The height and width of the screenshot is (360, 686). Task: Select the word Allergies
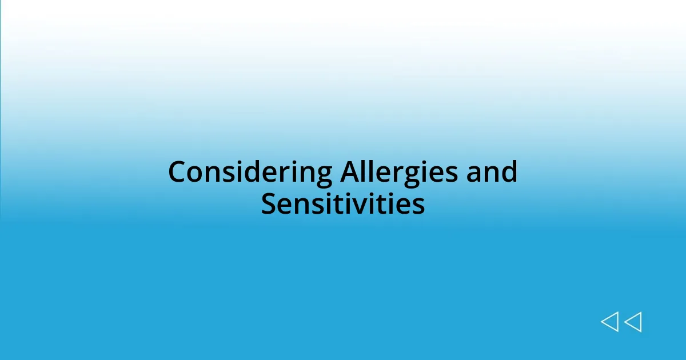(399, 172)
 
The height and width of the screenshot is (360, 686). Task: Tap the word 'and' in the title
(492, 172)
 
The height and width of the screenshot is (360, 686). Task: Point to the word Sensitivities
(343, 204)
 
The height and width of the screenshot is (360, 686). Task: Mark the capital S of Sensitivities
(269, 204)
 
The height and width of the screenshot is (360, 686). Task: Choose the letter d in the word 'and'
(509, 172)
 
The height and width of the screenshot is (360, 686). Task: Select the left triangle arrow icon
(609, 322)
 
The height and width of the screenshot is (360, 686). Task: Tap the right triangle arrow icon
(633, 322)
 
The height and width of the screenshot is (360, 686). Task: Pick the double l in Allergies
(370, 172)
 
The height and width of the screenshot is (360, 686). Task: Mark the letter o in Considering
(196, 173)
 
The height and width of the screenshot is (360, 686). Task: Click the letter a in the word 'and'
(474, 173)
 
